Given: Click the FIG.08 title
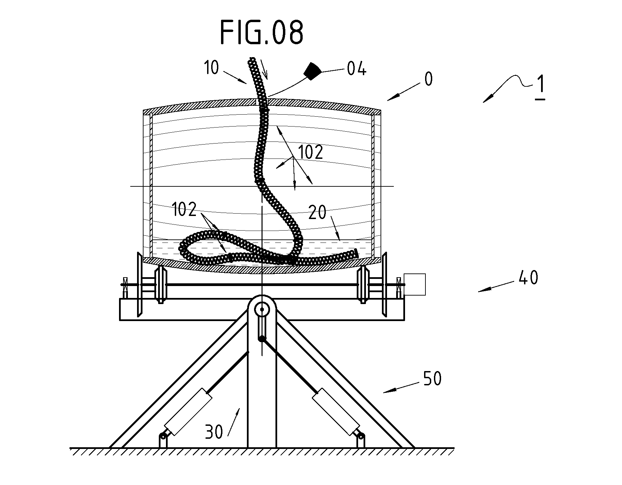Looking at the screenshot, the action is pyautogui.click(x=262, y=32).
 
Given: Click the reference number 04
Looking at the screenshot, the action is pyautogui.click(x=356, y=69).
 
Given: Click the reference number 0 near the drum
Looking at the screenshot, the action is pyautogui.click(x=428, y=79).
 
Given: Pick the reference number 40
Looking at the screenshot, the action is pyautogui.click(x=528, y=278).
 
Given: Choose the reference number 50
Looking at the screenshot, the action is pyautogui.click(x=432, y=379).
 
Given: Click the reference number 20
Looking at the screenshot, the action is pyautogui.click(x=318, y=213).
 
